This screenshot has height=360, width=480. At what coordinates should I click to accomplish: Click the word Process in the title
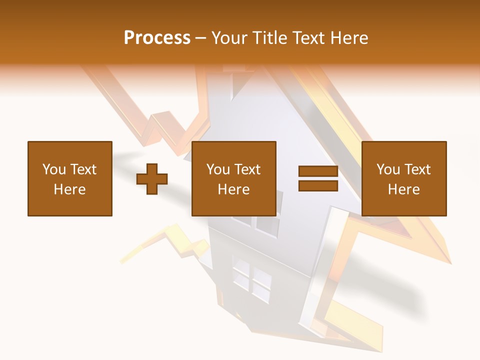157,38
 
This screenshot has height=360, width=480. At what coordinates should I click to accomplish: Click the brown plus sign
152,178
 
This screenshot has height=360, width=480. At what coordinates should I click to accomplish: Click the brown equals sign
318,178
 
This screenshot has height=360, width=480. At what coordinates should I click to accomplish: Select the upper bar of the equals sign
318,171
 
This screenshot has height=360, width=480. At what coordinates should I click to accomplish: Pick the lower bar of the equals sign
318,185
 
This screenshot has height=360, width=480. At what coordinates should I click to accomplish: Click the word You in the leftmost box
53,169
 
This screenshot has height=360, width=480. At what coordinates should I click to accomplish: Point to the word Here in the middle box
233,189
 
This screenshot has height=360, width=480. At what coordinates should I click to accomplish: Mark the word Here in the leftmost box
69,189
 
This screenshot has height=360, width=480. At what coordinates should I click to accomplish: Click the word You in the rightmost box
388,169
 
